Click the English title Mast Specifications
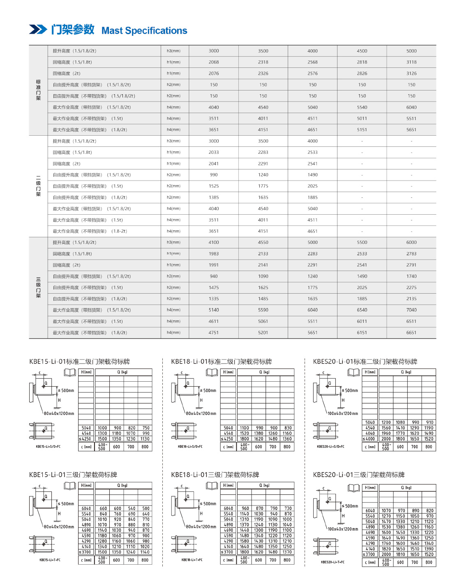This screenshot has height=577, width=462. click(x=144, y=31)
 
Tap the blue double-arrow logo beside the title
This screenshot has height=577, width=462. click(x=38, y=30)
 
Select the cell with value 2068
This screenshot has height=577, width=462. click(x=214, y=62)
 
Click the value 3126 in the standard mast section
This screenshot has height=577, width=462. click(x=411, y=74)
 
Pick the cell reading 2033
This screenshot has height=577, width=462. click(x=214, y=152)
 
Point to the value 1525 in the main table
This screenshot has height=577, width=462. click(x=214, y=186)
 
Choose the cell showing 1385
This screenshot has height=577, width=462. click(x=214, y=197)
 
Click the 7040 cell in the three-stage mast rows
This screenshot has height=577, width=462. click(x=411, y=310)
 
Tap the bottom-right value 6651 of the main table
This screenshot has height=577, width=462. click(x=411, y=333)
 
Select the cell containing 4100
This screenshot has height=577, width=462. click(x=214, y=243)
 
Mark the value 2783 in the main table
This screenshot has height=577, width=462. click(x=411, y=254)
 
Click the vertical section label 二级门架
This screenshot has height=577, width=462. click(x=38, y=186)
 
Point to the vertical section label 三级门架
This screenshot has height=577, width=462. click(x=38, y=287)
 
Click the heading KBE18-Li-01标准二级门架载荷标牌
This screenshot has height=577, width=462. click(x=221, y=361)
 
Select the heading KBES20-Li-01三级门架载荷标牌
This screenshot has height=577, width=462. click(x=358, y=475)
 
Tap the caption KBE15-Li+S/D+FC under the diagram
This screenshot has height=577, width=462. click(x=48, y=446)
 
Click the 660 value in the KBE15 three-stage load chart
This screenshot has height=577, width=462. click(x=103, y=509)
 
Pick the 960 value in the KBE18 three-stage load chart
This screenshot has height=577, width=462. click(x=245, y=509)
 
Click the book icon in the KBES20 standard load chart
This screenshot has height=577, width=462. click(x=353, y=373)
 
